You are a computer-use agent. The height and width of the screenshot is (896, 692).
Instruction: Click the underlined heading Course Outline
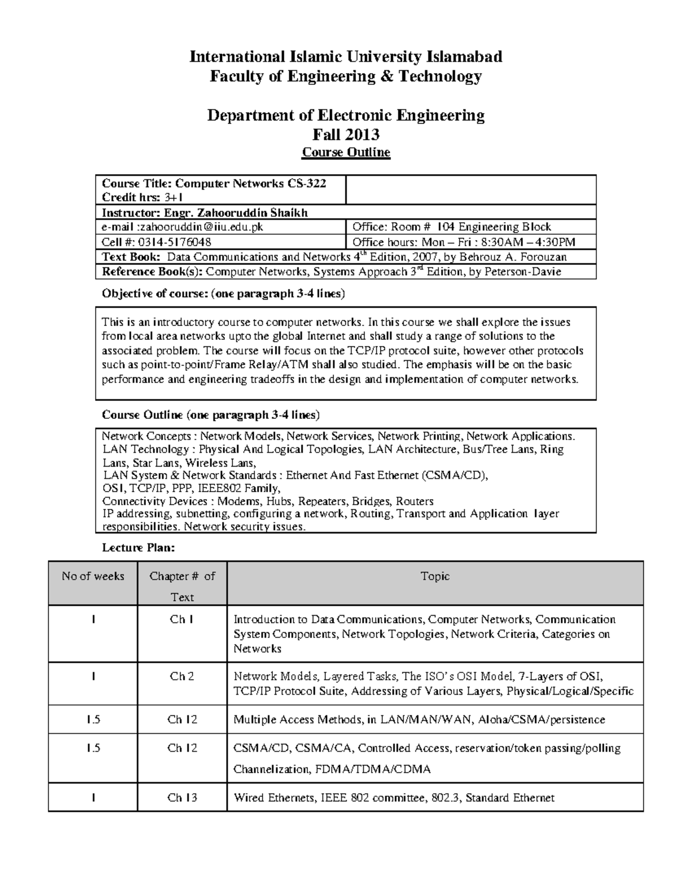(x=346, y=152)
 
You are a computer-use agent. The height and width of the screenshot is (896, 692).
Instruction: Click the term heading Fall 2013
(x=346, y=134)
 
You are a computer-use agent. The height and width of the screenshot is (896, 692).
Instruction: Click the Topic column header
(x=435, y=576)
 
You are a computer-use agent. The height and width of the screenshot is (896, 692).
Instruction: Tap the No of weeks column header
(x=93, y=576)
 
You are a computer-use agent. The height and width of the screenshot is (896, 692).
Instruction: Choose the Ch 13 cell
(x=182, y=798)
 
